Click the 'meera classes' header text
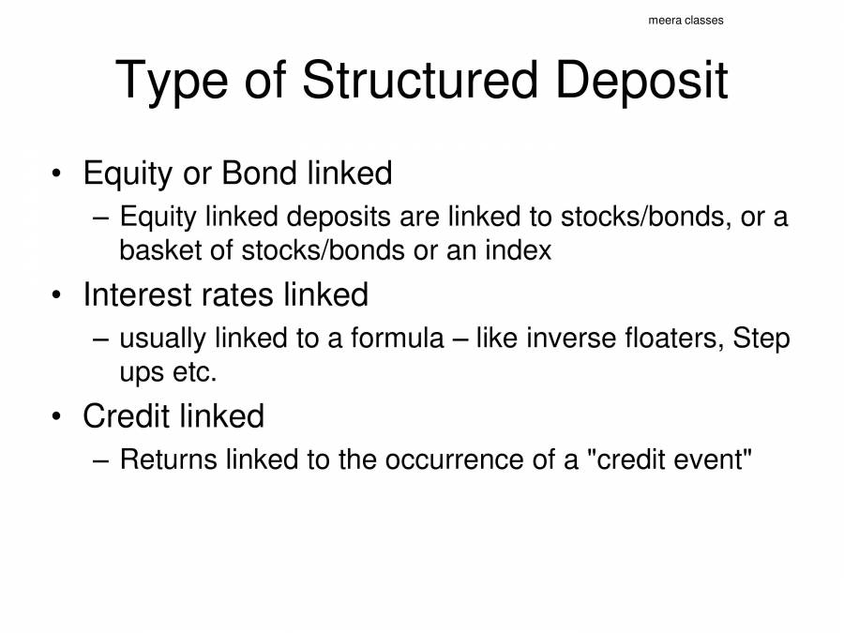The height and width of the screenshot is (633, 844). pyautogui.click(x=686, y=21)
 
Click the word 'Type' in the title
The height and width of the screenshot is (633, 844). pyautogui.click(x=171, y=81)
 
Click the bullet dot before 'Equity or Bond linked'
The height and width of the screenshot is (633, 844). pyautogui.click(x=57, y=175)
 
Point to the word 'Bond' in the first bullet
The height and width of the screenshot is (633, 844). pyautogui.click(x=259, y=173)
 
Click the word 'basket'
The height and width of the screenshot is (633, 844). pyautogui.click(x=162, y=250)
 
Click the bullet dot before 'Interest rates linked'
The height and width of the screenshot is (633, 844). pyautogui.click(x=57, y=296)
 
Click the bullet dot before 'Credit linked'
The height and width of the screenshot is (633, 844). pyautogui.click(x=57, y=417)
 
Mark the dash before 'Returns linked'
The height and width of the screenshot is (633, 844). pyautogui.click(x=103, y=460)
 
